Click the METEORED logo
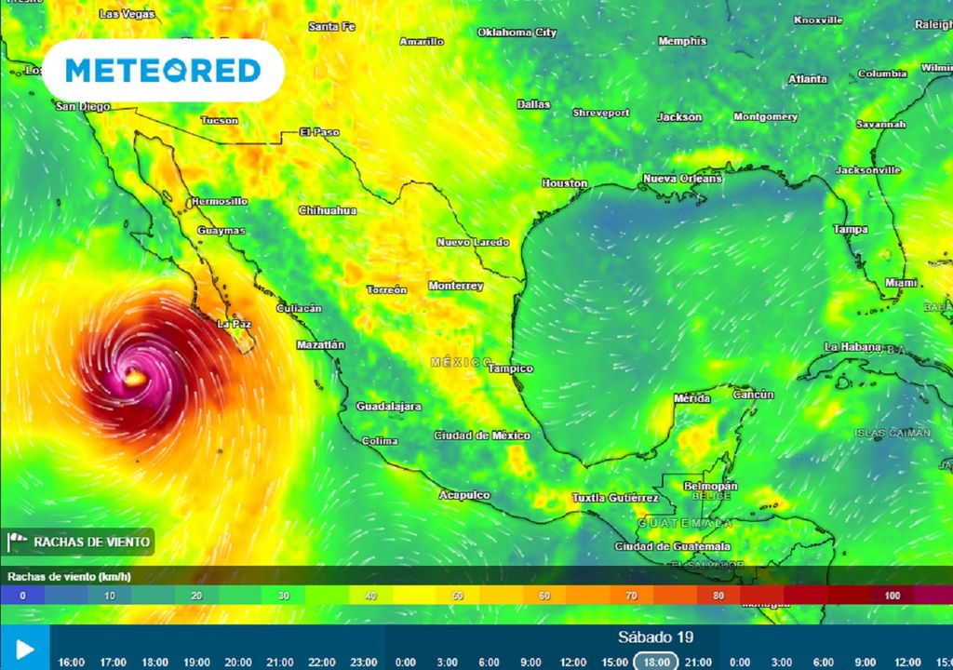coord(163,71)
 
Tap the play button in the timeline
coord(25,648)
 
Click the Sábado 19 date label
coord(655,637)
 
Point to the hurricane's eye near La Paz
coord(135,378)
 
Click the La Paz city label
coord(235,324)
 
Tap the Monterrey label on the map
coord(455,286)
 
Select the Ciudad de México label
coord(482,435)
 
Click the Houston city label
coord(565,183)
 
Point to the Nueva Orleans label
coord(682,178)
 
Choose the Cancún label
coord(754,395)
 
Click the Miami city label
coord(901,282)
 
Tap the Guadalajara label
coord(389,407)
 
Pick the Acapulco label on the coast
coord(464,495)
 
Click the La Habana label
coord(852,347)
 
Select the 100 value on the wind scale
coord(893,596)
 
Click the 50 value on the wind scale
coord(457,596)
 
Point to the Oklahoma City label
coord(517,33)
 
